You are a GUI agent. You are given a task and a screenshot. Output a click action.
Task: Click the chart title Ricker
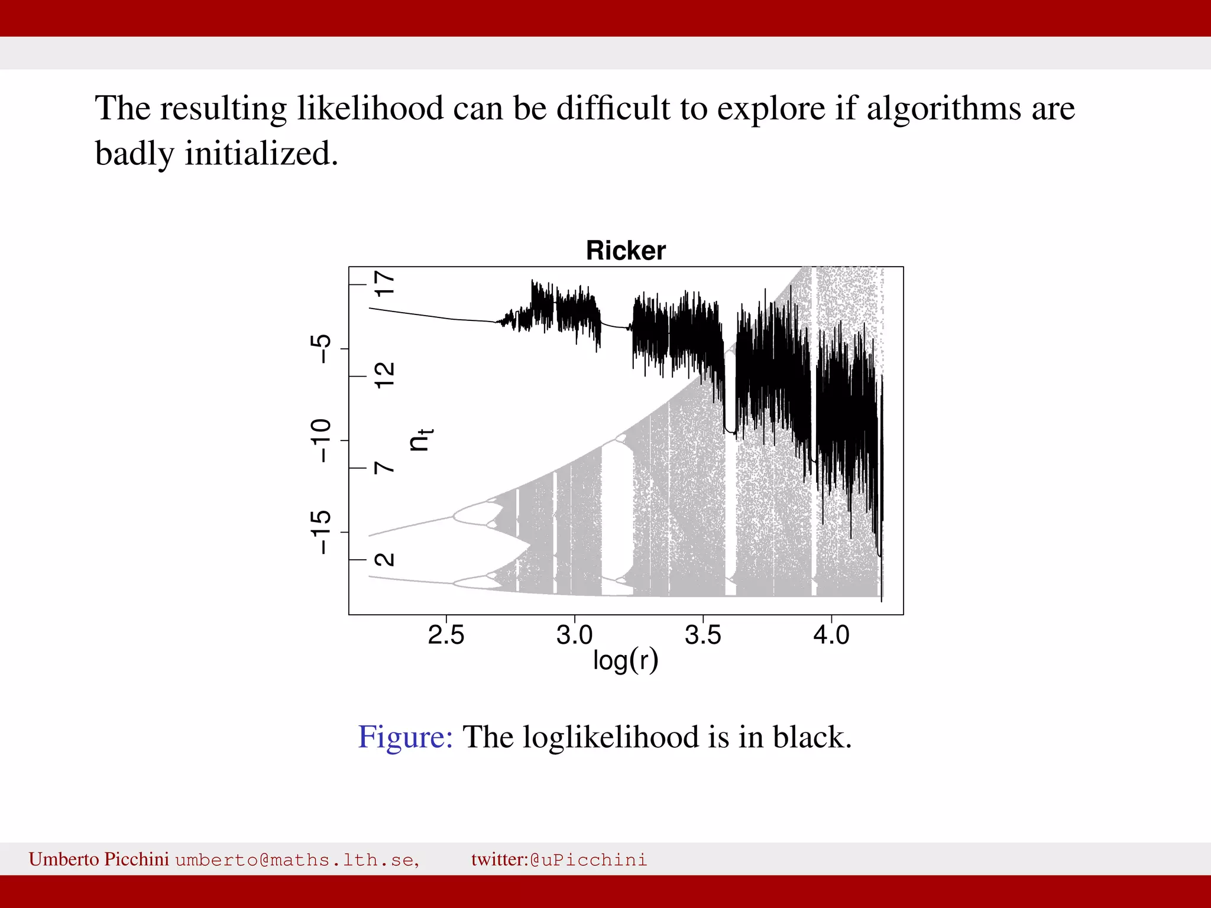pyautogui.click(x=626, y=251)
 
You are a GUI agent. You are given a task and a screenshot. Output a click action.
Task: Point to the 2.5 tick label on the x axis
pyautogui.click(x=446, y=635)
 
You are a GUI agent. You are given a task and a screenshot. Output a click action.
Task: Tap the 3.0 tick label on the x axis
pyautogui.click(x=574, y=635)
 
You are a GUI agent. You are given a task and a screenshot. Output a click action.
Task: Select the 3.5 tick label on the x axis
pyautogui.click(x=703, y=635)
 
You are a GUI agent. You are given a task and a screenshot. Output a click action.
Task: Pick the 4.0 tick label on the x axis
pyautogui.click(x=831, y=635)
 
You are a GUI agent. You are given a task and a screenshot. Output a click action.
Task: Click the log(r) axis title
pyautogui.click(x=626, y=660)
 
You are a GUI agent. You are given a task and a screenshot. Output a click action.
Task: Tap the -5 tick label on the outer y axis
pyautogui.click(x=321, y=349)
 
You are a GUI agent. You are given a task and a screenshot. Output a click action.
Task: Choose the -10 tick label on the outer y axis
pyautogui.click(x=321, y=440)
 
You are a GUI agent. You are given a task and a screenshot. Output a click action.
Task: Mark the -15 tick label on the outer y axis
pyautogui.click(x=321, y=532)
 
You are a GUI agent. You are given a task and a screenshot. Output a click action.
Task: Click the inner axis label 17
pyautogui.click(x=385, y=284)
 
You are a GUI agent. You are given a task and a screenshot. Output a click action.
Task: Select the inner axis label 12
pyautogui.click(x=385, y=376)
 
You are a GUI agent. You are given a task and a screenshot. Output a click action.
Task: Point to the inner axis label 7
pyautogui.click(x=385, y=468)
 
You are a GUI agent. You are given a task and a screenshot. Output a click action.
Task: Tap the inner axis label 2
pyautogui.click(x=385, y=559)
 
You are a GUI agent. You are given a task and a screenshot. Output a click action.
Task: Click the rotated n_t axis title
pyautogui.click(x=420, y=440)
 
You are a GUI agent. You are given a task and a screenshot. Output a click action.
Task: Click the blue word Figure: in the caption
pyautogui.click(x=406, y=737)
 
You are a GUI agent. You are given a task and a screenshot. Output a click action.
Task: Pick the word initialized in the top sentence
pyautogui.click(x=261, y=154)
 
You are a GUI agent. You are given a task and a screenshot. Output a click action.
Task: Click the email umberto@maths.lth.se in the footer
pyautogui.click(x=297, y=860)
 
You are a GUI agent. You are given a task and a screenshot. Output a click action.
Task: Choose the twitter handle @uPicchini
pyautogui.click(x=588, y=860)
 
